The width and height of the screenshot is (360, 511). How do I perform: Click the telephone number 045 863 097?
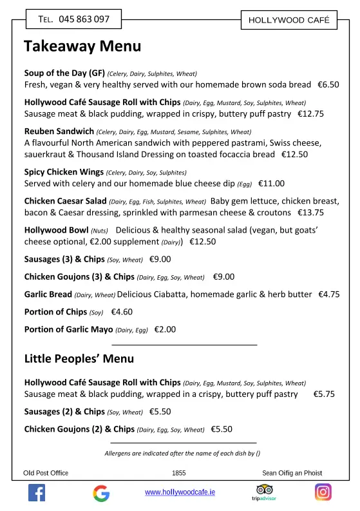84,19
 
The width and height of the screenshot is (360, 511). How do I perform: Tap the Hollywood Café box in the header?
289,20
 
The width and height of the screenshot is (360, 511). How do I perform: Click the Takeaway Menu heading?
82,46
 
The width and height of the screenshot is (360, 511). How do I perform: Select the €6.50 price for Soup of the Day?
328,84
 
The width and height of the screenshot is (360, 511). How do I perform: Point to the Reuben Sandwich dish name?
59,131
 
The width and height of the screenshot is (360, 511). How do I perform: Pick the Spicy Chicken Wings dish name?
64,172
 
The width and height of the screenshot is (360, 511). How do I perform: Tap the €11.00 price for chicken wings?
271,184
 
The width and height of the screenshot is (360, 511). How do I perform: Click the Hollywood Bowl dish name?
56,230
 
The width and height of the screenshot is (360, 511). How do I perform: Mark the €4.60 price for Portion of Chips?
122,312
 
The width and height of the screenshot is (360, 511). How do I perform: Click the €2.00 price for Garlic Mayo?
165,329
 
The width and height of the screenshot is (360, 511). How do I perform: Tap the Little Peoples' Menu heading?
79,359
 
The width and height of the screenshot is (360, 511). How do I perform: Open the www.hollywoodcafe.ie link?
180,492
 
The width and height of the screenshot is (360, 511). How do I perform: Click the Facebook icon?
37,493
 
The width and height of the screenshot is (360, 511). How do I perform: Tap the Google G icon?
100,494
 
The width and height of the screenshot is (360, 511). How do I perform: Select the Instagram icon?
323,492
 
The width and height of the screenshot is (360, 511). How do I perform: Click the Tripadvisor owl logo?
260,490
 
